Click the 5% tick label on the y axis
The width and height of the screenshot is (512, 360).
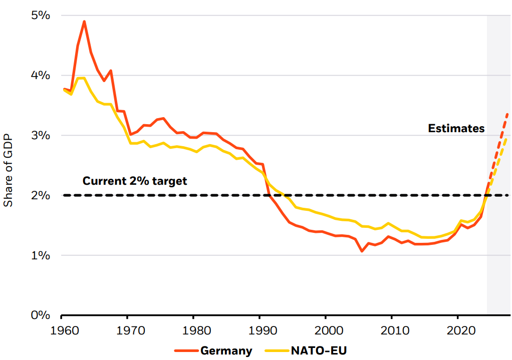point(41,16)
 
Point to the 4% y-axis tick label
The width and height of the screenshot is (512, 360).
point(41,76)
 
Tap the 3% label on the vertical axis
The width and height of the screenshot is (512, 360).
point(41,136)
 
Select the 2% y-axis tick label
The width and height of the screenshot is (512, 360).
point(41,195)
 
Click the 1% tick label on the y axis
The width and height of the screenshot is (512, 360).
point(41,255)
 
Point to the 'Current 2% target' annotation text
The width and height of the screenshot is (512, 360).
point(134,181)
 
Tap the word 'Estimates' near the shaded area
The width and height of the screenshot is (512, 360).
point(456,129)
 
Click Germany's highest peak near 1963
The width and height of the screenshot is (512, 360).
point(84,22)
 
